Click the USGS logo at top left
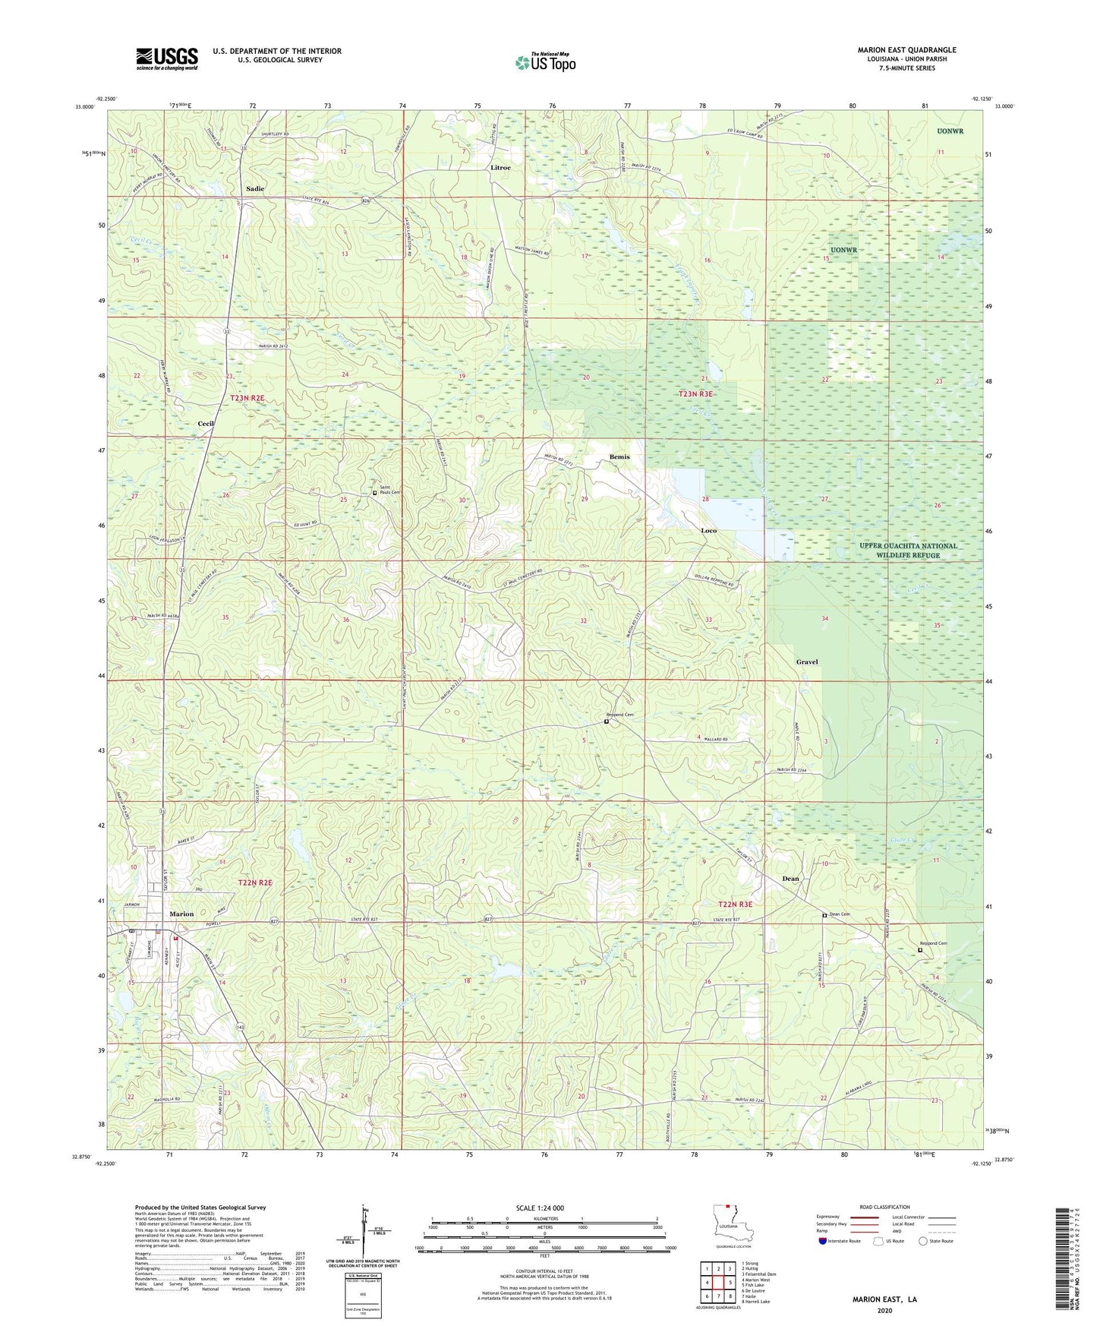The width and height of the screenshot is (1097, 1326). pyautogui.click(x=167, y=58)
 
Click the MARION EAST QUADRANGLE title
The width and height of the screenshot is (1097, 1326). pyautogui.click(x=906, y=50)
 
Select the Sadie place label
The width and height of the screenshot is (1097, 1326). pyautogui.click(x=255, y=188)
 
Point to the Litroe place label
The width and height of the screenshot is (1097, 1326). pyautogui.click(x=500, y=167)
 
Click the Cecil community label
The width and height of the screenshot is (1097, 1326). pyautogui.click(x=206, y=424)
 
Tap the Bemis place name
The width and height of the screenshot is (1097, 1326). pyautogui.click(x=619, y=457)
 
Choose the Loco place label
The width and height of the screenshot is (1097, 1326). pyautogui.click(x=708, y=531)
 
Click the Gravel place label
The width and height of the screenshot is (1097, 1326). pyautogui.click(x=806, y=661)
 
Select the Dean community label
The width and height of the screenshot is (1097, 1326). pyautogui.click(x=790, y=879)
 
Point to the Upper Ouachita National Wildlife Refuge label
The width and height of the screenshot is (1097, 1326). pyautogui.click(x=908, y=551)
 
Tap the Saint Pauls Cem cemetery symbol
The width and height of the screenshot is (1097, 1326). pyautogui.click(x=374, y=493)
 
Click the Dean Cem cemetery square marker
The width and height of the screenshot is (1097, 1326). pyautogui.click(x=824, y=916)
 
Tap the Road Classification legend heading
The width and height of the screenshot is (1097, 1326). pyautogui.click(x=884, y=1207)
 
